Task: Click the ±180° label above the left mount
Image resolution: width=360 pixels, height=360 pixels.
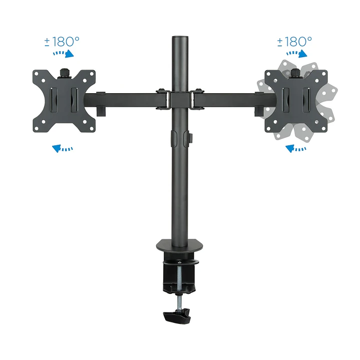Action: tap(62, 41)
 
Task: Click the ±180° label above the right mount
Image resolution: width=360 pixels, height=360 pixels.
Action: tap(294, 41)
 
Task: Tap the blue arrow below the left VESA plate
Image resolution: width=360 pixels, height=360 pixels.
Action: tap(63, 148)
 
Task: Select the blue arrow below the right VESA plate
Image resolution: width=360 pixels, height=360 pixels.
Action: tap(295, 148)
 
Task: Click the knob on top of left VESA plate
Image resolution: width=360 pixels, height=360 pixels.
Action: tap(64, 73)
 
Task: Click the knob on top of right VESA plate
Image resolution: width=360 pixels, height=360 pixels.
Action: tap(295, 73)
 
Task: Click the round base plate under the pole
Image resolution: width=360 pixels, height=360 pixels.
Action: tap(179, 247)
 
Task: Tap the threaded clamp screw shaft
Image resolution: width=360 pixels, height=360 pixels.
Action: tap(179, 285)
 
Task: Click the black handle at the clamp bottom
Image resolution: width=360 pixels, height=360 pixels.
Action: tap(178, 316)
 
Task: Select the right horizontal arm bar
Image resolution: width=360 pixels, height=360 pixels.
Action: tap(233, 99)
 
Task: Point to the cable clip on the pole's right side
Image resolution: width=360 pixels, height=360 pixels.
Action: tap(191, 138)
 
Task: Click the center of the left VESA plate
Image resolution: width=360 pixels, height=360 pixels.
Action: tap(64, 101)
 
